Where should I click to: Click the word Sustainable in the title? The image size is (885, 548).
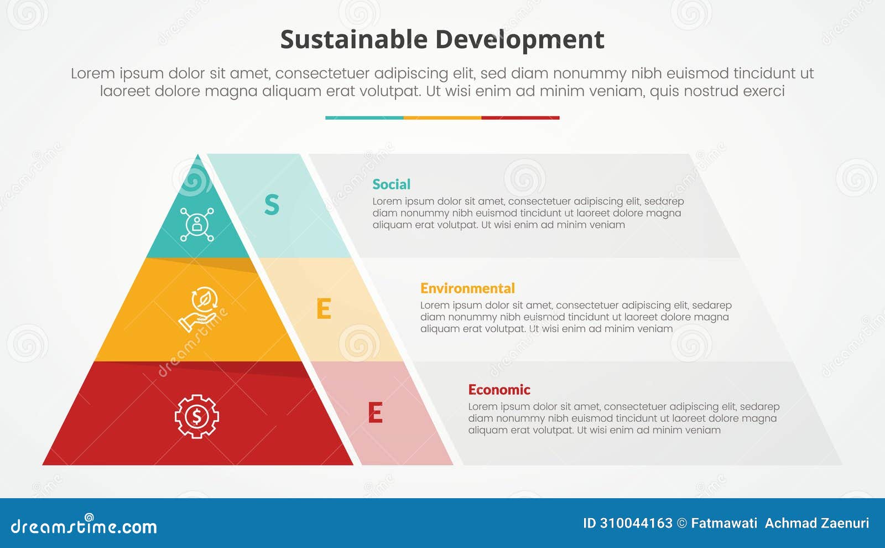pyautogui.click(x=353, y=40)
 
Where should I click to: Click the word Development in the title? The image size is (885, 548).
pyautogui.click(x=519, y=40)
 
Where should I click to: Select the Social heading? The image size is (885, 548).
pyautogui.click(x=391, y=184)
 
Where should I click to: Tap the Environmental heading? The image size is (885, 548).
pyautogui.click(x=467, y=288)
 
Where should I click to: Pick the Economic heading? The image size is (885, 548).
pyautogui.click(x=499, y=390)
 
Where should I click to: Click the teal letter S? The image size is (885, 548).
pyautogui.click(x=272, y=205)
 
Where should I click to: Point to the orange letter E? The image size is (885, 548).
pyautogui.click(x=324, y=309)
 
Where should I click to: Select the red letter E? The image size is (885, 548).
pyautogui.click(x=375, y=413)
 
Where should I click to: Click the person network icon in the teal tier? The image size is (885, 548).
pyautogui.click(x=197, y=224)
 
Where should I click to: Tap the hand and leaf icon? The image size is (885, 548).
pyautogui.click(x=199, y=309)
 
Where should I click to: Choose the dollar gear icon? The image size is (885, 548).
pyautogui.click(x=197, y=416)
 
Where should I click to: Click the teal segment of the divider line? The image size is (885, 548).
pyautogui.click(x=364, y=118)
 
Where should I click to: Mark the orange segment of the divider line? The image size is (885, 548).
pyautogui.click(x=442, y=118)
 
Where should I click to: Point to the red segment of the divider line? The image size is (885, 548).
pyautogui.click(x=520, y=118)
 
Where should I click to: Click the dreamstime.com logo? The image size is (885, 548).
pyautogui.click(x=84, y=525)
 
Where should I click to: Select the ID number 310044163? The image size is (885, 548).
pyautogui.click(x=636, y=523)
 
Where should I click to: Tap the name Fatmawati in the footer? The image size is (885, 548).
pyautogui.click(x=724, y=523)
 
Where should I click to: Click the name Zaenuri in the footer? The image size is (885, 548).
pyautogui.click(x=845, y=523)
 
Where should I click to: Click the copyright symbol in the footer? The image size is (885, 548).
pyautogui.click(x=682, y=523)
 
